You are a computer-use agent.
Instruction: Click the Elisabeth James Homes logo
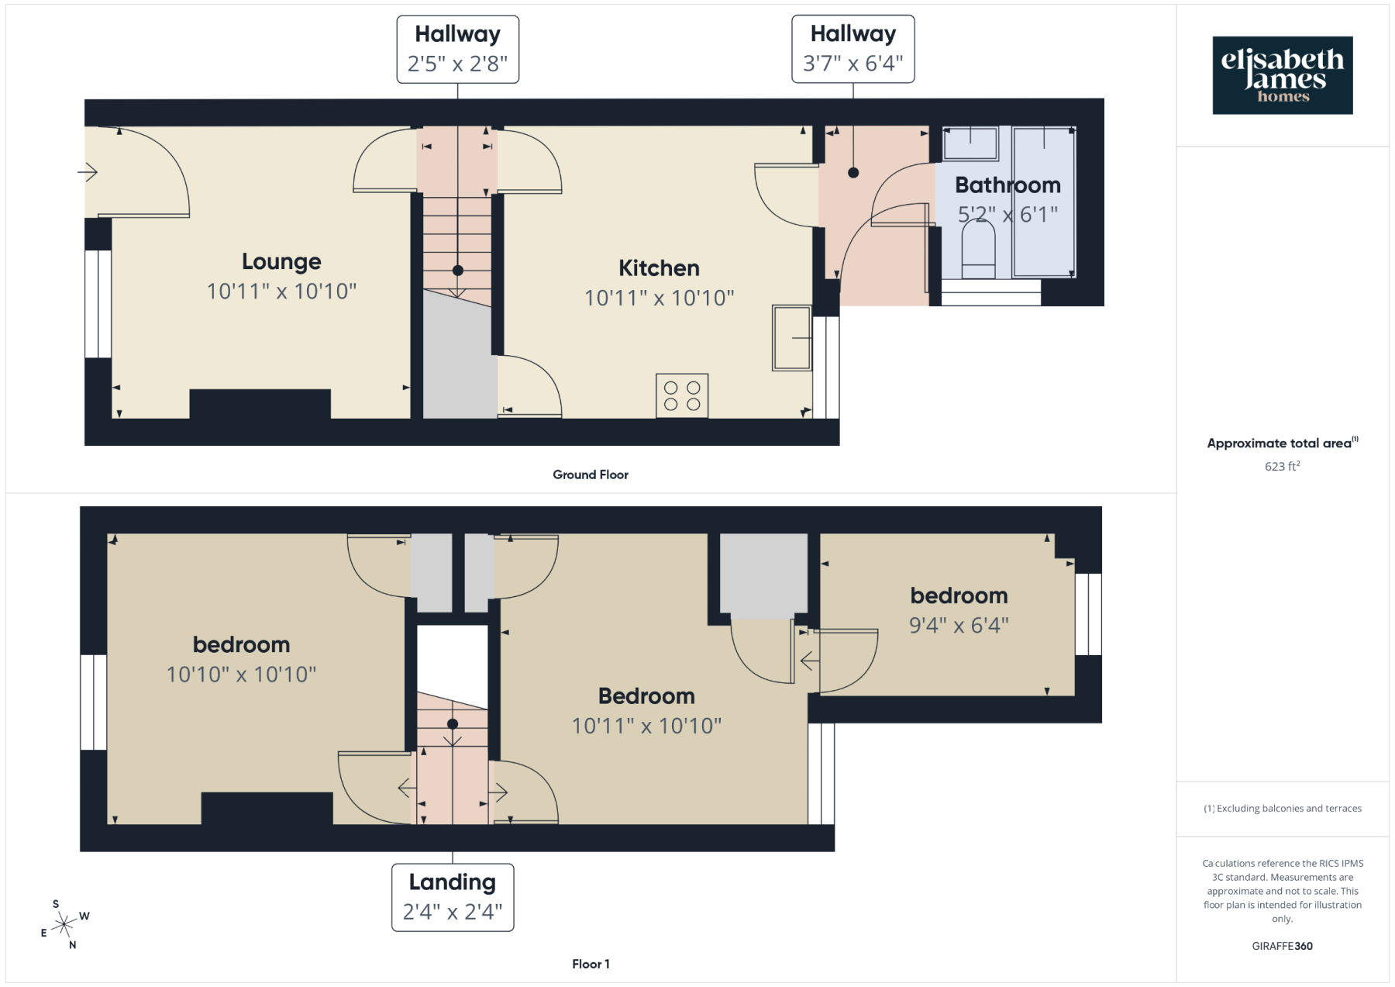1283,75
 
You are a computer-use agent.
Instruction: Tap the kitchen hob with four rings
682,395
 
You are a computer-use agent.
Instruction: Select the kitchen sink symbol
792,338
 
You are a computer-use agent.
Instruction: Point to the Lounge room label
281,261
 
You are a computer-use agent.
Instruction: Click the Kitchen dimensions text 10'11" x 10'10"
659,298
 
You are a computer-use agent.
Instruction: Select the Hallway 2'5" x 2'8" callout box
458,50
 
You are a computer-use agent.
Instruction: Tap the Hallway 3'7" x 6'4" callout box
853,49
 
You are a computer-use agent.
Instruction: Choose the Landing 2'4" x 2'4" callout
453,898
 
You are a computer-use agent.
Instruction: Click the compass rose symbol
64,924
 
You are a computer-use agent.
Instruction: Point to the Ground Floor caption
591,475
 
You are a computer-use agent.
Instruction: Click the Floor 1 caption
591,964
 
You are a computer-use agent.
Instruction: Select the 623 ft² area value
1283,466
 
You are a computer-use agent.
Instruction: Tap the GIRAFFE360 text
1283,946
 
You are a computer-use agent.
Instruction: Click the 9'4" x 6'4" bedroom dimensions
959,625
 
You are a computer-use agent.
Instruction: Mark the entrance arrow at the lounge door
88,171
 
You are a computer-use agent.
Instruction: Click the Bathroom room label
1007,185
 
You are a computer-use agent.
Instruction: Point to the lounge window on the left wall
98,304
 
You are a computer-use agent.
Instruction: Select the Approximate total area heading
1283,443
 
